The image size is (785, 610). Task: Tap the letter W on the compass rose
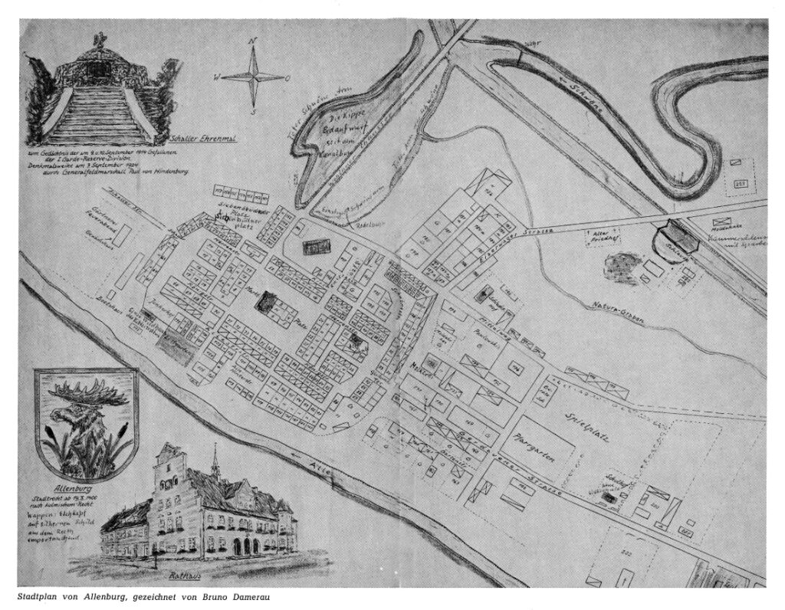[x=217, y=77]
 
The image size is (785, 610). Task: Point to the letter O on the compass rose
[x=287, y=77]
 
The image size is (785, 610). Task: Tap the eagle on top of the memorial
[x=97, y=39]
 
